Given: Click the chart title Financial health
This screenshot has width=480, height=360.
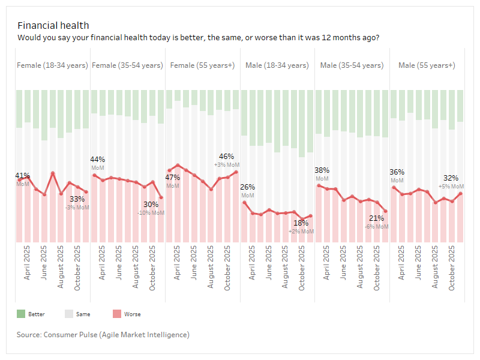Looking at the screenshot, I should coord(53,25).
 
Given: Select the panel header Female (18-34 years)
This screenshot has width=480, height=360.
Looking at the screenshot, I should coord(52,65).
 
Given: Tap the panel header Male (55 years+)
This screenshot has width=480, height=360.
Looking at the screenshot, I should coord(427,65).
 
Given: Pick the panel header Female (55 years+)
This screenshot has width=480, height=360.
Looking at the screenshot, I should coord(202,65).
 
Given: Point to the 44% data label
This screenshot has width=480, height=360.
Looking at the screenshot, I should coord(98,160).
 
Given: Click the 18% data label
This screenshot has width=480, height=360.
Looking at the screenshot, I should coord(301,223).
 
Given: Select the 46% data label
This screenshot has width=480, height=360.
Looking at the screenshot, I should coord(227,157).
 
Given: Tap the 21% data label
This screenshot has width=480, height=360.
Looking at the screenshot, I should coord(377,218).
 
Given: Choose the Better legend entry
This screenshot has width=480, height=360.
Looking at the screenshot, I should coord(36,314).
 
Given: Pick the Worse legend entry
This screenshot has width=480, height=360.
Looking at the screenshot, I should coord(132,314).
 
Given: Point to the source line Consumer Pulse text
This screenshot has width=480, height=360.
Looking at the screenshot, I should coord(103,334).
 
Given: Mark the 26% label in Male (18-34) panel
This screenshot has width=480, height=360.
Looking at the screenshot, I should coord(248,187).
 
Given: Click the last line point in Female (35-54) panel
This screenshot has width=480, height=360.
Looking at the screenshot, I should coord(161,197).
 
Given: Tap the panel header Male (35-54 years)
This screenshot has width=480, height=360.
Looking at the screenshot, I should coord(352,65).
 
